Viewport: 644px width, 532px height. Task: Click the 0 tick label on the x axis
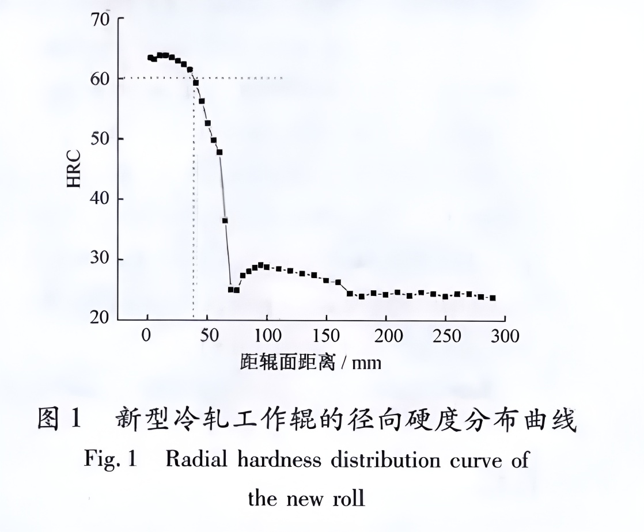point(147,336)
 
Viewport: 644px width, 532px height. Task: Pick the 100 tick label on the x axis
point(266,336)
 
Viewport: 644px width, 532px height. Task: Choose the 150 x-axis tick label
point(326,336)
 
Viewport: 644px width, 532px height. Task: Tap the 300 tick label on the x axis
point(505,336)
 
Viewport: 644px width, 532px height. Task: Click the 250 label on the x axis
point(445,336)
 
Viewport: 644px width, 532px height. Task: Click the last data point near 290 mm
point(493,298)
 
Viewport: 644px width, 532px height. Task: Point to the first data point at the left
point(150,58)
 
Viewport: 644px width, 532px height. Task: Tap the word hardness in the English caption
point(270,461)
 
